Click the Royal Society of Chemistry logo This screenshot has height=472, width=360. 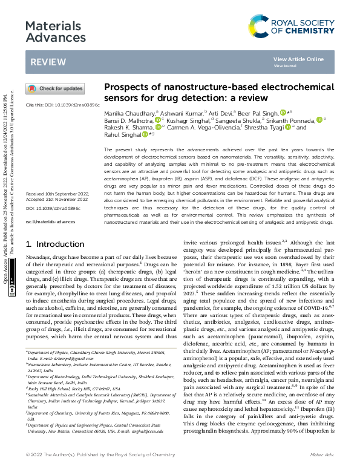[x=292, y=25]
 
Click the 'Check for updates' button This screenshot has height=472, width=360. [x=55, y=89]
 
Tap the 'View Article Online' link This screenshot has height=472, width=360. [x=298, y=59]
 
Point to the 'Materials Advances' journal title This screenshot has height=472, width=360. [x=53, y=32]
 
